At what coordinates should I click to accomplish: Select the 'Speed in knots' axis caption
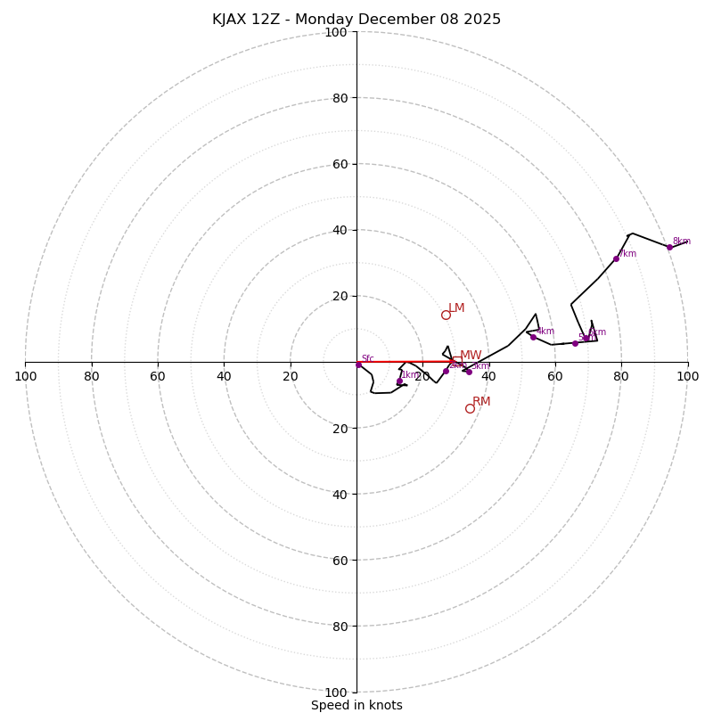click(x=356, y=706)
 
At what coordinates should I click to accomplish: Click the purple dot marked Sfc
click(x=359, y=365)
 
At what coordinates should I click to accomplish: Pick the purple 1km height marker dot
click(x=399, y=381)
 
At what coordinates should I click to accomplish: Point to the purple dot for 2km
click(x=447, y=371)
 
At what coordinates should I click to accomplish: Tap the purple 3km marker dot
click(x=469, y=372)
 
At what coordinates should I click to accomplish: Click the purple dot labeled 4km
click(x=533, y=337)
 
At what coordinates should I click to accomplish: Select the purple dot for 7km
click(x=616, y=259)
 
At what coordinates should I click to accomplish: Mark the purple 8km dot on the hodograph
click(x=669, y=247)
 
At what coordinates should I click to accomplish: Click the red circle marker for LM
click(x=446, y=315)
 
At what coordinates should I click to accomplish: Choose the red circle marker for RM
click(x=470, y=408)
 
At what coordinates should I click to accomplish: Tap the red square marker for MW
click(x=456, y=361)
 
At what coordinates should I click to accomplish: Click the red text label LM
click(x=456, y=308)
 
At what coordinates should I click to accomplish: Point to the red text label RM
click(x=481, y=402)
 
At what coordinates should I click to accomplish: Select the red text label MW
click(x=471, y=356)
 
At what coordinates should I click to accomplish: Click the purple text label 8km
click(x=682, y=242)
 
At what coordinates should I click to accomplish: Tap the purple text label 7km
click(x=627, y=254)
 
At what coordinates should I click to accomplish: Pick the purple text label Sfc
click(x=367, y=359)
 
